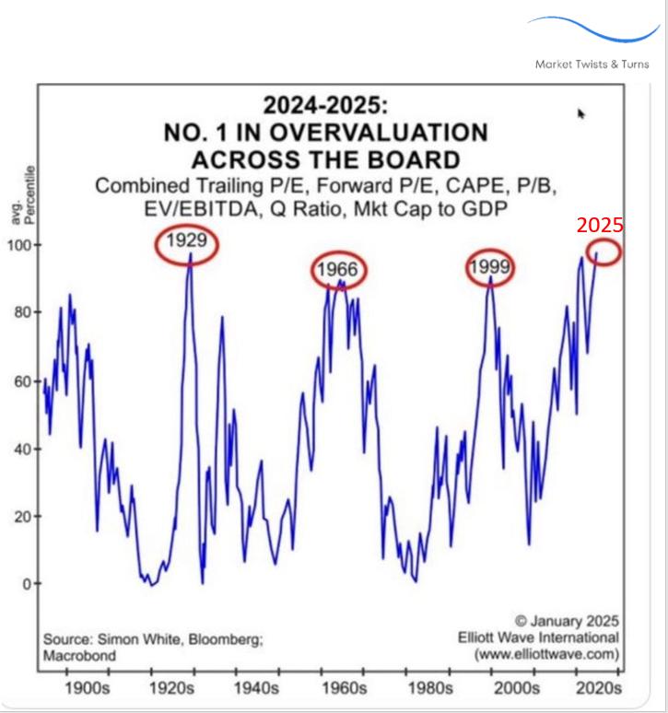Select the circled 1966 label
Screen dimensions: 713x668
pyautogui.click(x=336, y=270)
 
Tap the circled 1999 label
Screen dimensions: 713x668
pyautogui.click(x=488, y=268)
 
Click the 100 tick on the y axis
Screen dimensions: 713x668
pyautogui.click(x=18, y=245)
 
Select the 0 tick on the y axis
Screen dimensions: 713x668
pyautogui.click(x=26, y=583)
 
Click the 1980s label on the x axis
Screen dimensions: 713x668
pyautogui.click(x=427, y=688)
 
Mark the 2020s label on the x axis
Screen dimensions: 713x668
pyautogui.click(x=595, y=688)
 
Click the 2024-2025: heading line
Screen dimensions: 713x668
pyautogui.click(x=326, y=103)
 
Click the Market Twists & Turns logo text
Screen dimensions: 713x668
pyautogui.click(x=592, y=64)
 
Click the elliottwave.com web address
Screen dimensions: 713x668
pyautogui.click(x=547, y=655)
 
